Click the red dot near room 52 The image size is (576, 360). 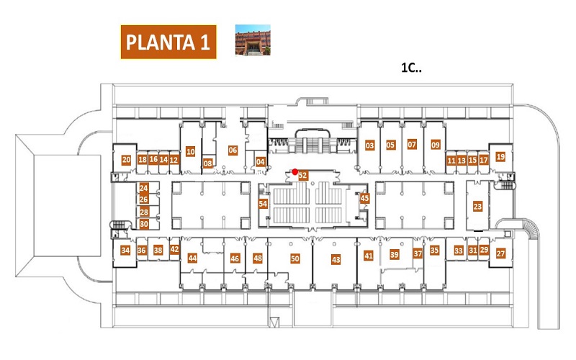pos(294,171)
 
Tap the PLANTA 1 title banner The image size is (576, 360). pos(168,42)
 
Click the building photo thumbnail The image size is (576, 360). pos(253,40)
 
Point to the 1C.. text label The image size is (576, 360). pos(411,68)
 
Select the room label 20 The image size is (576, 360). pos(126,160)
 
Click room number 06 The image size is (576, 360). pos(233,150)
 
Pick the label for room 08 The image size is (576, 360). pos(208,163)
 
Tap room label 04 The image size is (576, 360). pos(261,161)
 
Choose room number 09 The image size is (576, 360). pos(436,145)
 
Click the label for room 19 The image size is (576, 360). pos(500,157)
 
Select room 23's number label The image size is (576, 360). pos(477,207)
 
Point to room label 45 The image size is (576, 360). pos(364,199)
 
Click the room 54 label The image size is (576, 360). pos(263,204)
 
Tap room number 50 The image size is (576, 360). pos(295,258)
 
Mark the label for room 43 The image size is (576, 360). pos(336,260)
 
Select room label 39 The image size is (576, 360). pos(394,255)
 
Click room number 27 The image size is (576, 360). pos(500,253)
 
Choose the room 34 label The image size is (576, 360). pos(125,251)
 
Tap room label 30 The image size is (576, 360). pos(143,224)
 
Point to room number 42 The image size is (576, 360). pos(174,249)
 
